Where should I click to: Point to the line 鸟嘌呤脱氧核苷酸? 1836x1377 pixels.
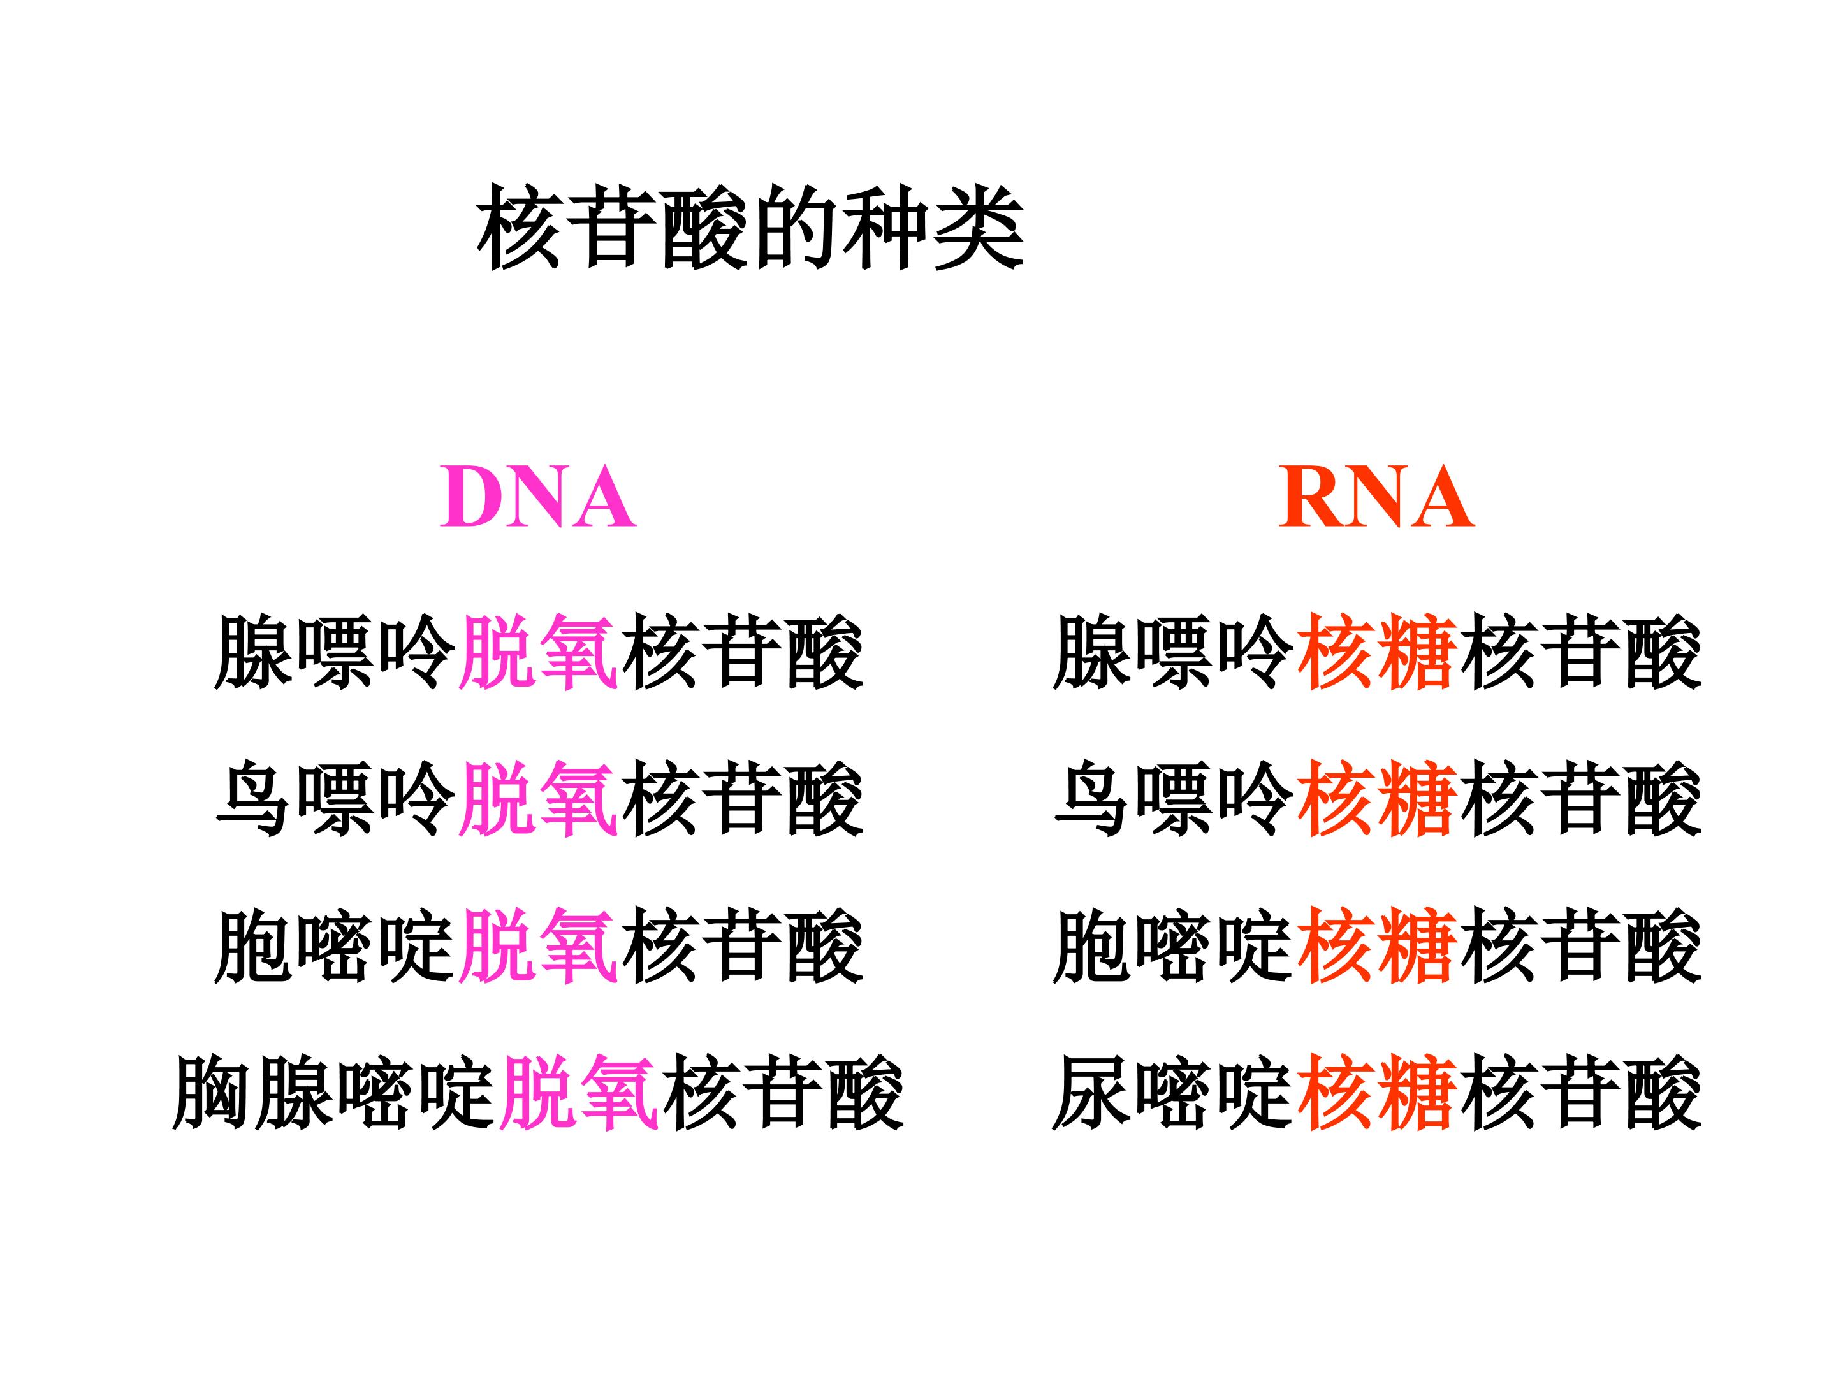[x=539, y=799]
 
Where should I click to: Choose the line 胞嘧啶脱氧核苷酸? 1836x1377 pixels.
[x=539, y=946]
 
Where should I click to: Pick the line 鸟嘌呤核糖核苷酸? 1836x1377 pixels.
[x=1377, y=799]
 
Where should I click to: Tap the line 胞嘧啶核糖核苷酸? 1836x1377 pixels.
[x=1377, y=946]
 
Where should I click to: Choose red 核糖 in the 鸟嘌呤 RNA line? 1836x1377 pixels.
[x=1377, y=799]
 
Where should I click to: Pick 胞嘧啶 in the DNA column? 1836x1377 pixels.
[x=335, y=946]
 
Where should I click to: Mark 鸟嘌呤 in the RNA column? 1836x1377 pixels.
[x=1173, y=799]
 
